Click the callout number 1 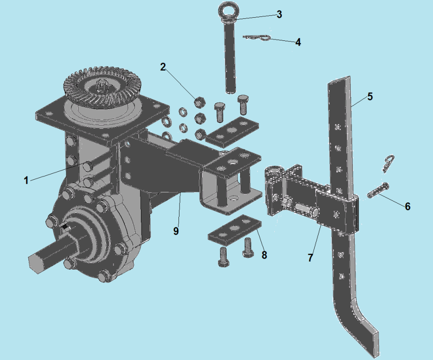pos(26,180)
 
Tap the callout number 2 pos(163,67)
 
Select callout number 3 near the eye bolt pos(279,14)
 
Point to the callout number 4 pos(298,42)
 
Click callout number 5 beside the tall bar pos(370,96)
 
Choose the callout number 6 pos(408,206)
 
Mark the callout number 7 pos(310,258)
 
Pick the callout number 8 pos(264,255)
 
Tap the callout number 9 pos(176,231)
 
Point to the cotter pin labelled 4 pos(257,37)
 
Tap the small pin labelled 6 pos(378,191)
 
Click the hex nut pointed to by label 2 pos(199,103)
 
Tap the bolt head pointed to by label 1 pos(88,165)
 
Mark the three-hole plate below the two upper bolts pos(232,130)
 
